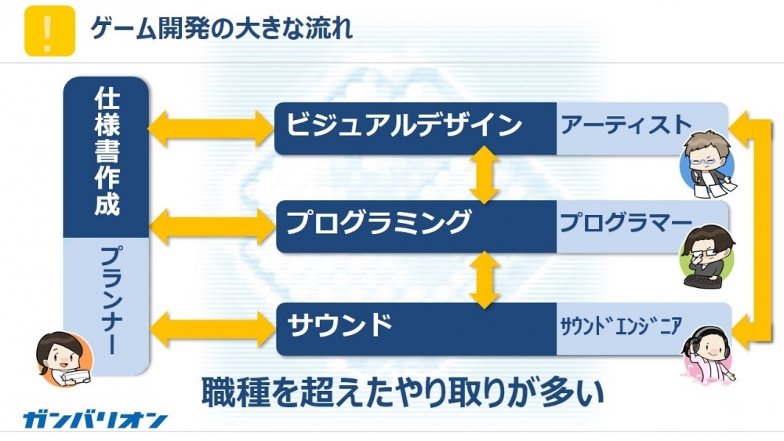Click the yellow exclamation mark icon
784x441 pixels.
pos(49,31)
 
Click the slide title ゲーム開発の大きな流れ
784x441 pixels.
pos(222,28)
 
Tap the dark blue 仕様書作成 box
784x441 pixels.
pos(106,157)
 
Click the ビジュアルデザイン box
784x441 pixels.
pos(416,128)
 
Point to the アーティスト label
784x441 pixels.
pos(626,125)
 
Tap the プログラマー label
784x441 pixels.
pos(626,223)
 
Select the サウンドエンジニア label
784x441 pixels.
pos(621,326)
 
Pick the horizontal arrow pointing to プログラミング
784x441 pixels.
pos(212,226)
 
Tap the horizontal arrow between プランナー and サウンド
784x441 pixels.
pos(212,329)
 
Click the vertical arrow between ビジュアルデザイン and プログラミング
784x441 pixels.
pos(484,175)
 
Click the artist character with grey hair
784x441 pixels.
pos(708,163)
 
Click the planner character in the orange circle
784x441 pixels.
pos(65,359)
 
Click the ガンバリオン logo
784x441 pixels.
pos(96,420)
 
